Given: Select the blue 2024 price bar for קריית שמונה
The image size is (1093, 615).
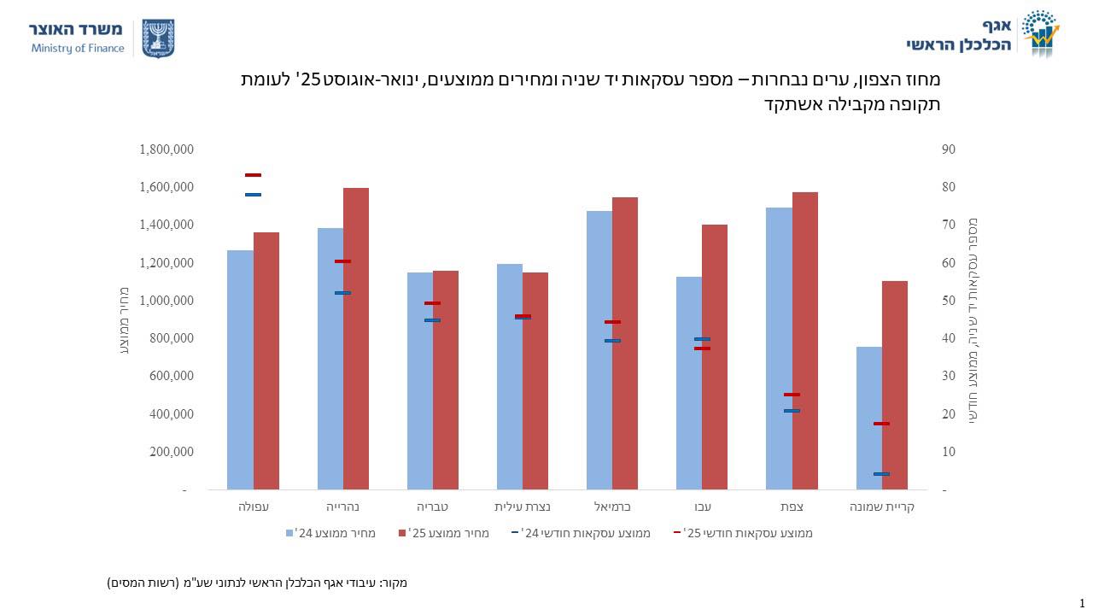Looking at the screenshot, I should [868, 418].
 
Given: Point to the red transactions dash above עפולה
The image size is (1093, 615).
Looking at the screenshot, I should [253, 175].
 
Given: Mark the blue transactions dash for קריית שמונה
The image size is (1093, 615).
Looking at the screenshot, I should [881, 474].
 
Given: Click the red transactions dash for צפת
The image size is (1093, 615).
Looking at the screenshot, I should [792, 395].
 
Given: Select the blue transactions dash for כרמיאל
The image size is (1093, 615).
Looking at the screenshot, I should [612, 341].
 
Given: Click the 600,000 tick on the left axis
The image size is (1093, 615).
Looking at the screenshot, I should [173, 376].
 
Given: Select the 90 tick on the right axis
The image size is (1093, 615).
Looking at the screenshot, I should [948, 149].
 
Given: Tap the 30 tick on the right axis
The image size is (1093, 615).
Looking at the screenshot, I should [948, 376].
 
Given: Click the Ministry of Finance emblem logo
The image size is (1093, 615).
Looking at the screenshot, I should [157, 38].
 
